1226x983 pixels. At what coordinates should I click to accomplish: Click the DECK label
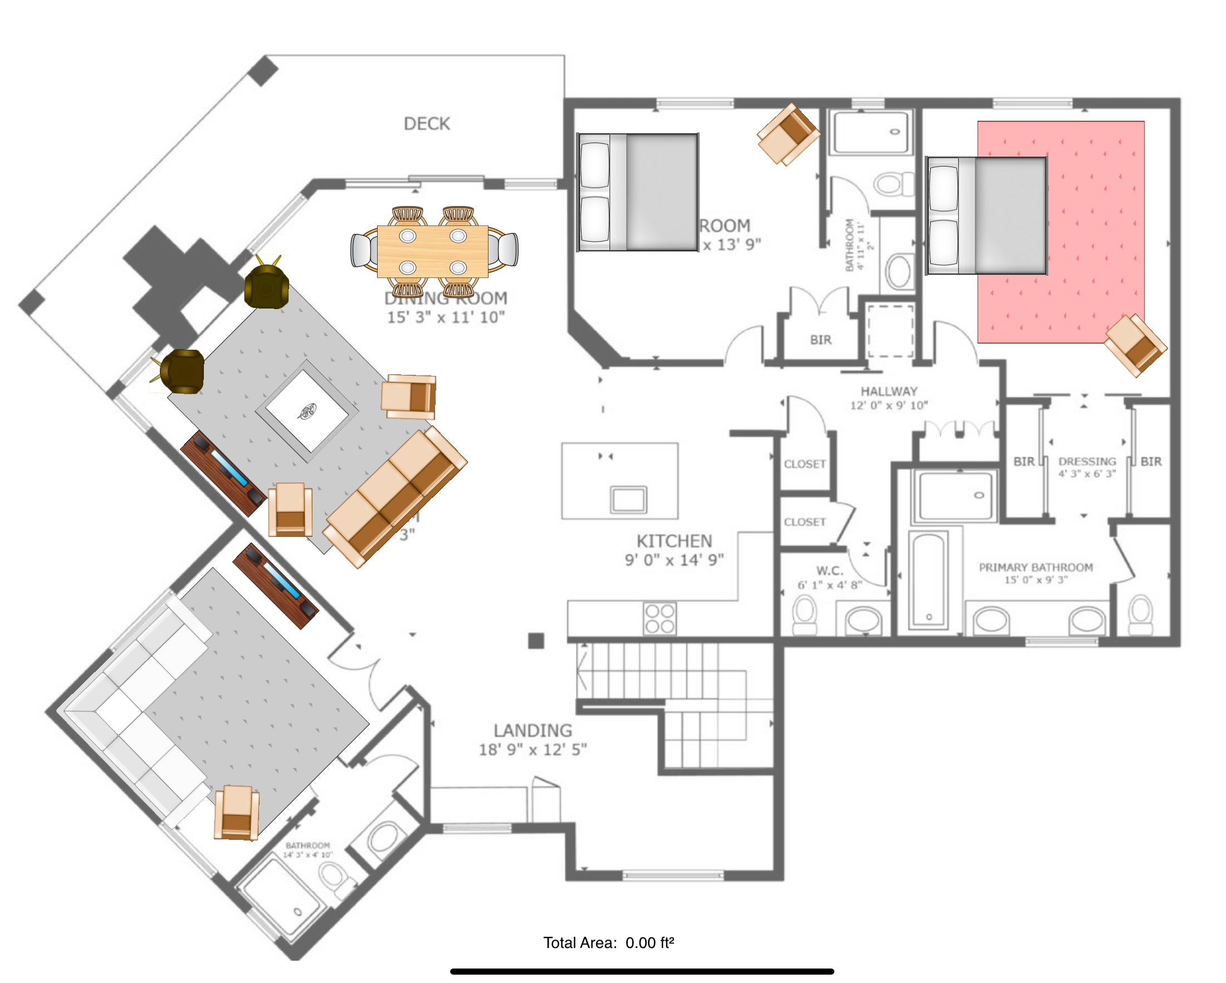point(427,124)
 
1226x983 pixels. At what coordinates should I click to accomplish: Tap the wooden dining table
point(432,251)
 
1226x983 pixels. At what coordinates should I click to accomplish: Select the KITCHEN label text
point(674,541)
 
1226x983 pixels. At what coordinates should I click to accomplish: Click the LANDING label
point(533,731)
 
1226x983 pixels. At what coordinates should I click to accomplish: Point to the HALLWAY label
point(889,391)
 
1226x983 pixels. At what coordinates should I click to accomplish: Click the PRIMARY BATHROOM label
point(1035,568)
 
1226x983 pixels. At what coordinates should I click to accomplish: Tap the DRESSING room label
point(1087,461)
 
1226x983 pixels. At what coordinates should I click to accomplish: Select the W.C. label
point(829,571)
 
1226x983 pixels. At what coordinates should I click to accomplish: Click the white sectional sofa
point(136,711)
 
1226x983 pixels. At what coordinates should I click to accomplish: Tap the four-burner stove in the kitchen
point(660,618)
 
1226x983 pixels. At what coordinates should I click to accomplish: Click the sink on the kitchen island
point(628,500)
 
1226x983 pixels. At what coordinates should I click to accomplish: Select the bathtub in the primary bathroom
point(928,579)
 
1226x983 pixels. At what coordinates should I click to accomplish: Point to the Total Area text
point(608,943)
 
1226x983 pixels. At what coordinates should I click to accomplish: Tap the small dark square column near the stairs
point(536,640)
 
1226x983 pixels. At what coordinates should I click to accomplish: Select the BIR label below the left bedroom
point(820,340)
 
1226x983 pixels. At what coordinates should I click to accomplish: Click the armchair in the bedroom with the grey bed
point(788,135)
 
